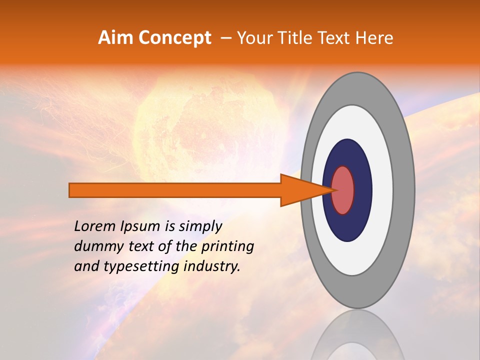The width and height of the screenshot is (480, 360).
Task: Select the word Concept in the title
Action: point(175,38)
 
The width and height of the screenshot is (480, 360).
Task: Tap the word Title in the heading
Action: point(297,38)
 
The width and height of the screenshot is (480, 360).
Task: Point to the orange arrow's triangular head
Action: point(305,190)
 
